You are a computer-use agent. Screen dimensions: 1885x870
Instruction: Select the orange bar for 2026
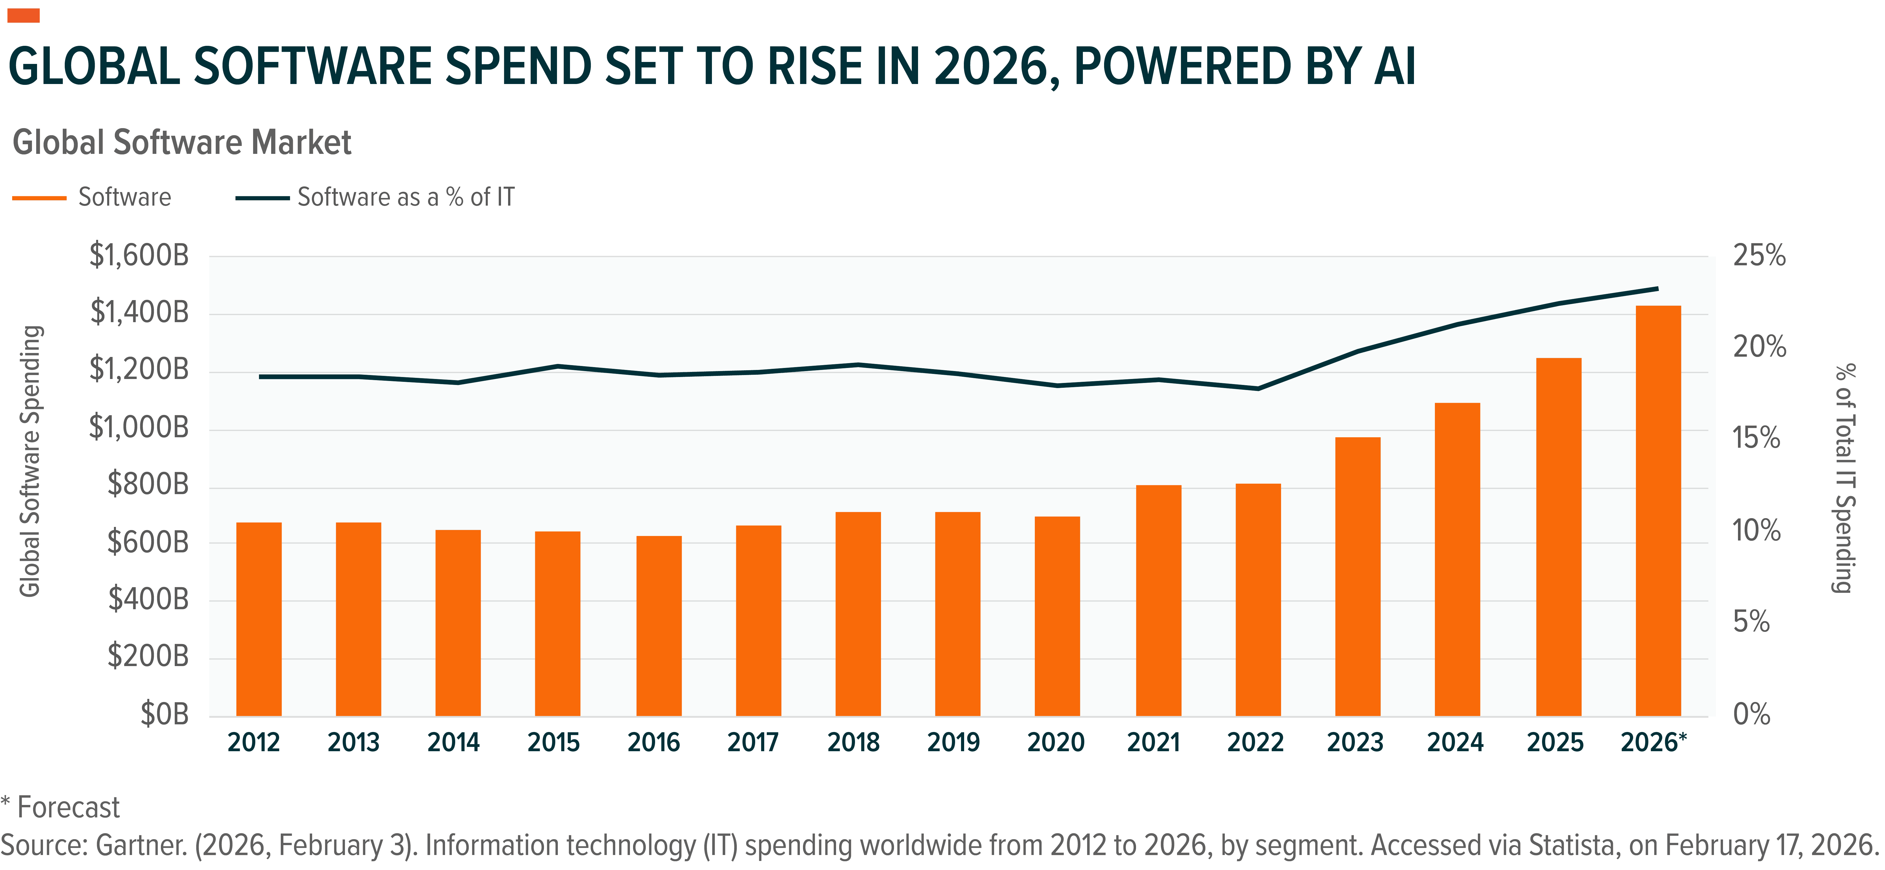click(x=1658, y=511)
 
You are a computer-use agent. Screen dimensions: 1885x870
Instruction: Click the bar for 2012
click(x=259, y=619)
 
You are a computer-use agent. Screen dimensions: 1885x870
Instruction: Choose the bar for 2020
click(x=1057, y=616)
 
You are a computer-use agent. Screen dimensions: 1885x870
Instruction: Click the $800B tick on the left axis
click(x=148, y=484)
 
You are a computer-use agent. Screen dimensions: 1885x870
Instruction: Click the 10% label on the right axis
click(x=1756, y=531)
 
